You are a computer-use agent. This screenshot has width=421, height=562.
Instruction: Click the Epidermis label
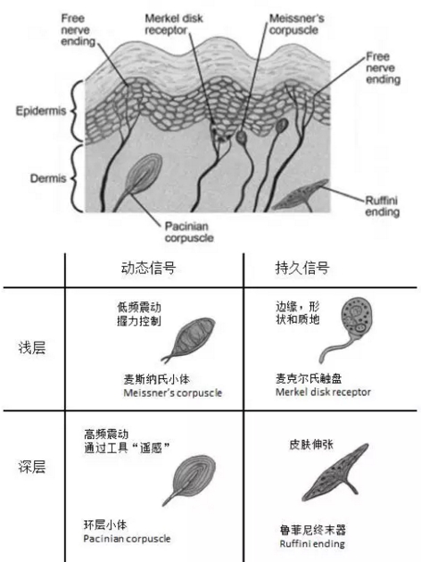point(41,111)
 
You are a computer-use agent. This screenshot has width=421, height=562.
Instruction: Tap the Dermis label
point(48,178)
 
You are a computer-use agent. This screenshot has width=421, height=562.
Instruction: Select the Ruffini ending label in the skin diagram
point(382,206)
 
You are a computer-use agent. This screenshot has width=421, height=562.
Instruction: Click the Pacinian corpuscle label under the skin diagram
point(189,232)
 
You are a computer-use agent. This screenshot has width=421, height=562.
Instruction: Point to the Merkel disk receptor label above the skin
point(174,24)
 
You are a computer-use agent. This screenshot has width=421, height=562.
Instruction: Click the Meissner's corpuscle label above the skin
point(297,24)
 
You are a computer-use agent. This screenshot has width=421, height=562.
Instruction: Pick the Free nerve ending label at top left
point(78,29)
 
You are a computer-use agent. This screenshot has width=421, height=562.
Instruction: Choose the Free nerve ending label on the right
point(383,68)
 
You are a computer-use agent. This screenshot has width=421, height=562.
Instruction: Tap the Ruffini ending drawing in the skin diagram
point(301,196)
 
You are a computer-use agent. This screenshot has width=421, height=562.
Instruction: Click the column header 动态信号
point(148,268)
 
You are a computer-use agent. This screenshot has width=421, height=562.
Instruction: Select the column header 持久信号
point(301,268)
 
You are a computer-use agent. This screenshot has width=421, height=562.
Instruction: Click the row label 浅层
point(32,348)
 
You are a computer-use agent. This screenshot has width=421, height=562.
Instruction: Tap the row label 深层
point(32,467)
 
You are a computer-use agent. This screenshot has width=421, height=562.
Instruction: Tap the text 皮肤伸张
point(311,444)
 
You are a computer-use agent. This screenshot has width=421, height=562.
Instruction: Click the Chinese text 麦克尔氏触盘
point(309,378)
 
